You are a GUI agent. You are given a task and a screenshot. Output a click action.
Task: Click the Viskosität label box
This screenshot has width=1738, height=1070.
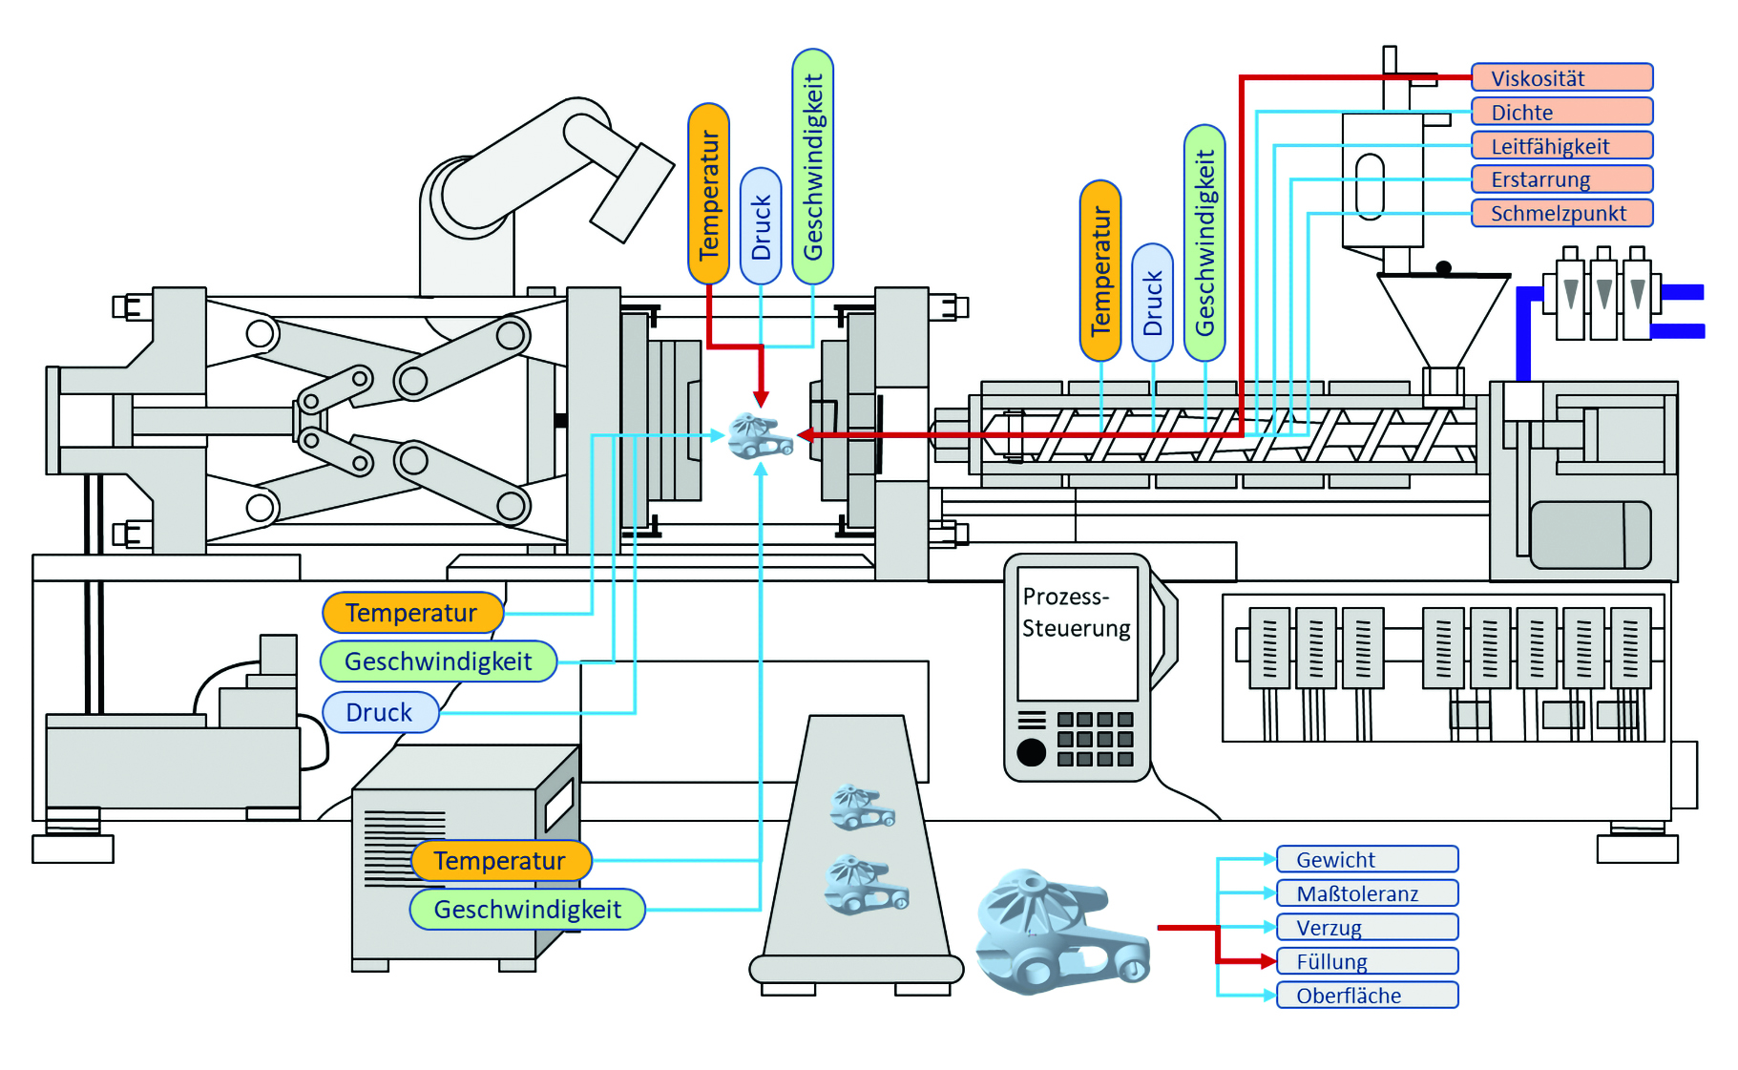tap(1560, 78)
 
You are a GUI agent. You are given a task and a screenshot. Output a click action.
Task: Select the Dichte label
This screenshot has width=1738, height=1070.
tap(1560, 112)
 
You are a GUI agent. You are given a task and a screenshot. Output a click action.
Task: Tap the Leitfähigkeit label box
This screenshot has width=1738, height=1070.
tap(1560, 146)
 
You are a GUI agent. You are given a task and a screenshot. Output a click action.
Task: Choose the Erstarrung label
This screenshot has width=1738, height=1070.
tap(1560, 179)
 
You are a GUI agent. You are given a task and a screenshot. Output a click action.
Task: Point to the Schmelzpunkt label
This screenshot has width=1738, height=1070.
tap(1560, 213)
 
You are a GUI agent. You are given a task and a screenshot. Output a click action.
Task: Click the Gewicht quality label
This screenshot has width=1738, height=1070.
tap(1367, 859)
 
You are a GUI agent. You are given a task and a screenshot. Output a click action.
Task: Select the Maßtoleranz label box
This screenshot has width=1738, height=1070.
tap(1367, 893)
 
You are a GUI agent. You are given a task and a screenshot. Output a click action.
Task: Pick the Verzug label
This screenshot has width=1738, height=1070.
tap(1367, 927)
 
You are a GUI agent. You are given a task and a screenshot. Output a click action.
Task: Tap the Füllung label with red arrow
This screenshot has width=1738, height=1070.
tap(1367, 961)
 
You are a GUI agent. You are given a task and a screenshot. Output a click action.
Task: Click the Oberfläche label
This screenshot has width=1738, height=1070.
tap(1367, 995)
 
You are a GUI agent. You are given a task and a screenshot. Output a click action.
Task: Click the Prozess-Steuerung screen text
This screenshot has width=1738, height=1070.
tap(1076, 613)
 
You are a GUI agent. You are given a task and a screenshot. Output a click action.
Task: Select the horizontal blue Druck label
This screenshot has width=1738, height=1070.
tap(380, 712)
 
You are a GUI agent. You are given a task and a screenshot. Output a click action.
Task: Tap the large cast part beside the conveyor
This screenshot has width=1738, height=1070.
tap(1059, 931)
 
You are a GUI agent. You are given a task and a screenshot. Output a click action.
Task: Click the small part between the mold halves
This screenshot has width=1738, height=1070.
tap(760, 436)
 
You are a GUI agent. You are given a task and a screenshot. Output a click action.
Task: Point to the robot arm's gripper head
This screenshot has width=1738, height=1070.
tap(631, 192)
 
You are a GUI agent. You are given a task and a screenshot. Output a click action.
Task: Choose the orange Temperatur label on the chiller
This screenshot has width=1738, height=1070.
tap(501, 861)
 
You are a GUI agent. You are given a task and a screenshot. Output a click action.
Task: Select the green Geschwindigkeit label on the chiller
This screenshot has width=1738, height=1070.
tap(527, 910)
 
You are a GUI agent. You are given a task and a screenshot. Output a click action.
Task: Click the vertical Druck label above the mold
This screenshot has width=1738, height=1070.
tap(761, 226)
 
